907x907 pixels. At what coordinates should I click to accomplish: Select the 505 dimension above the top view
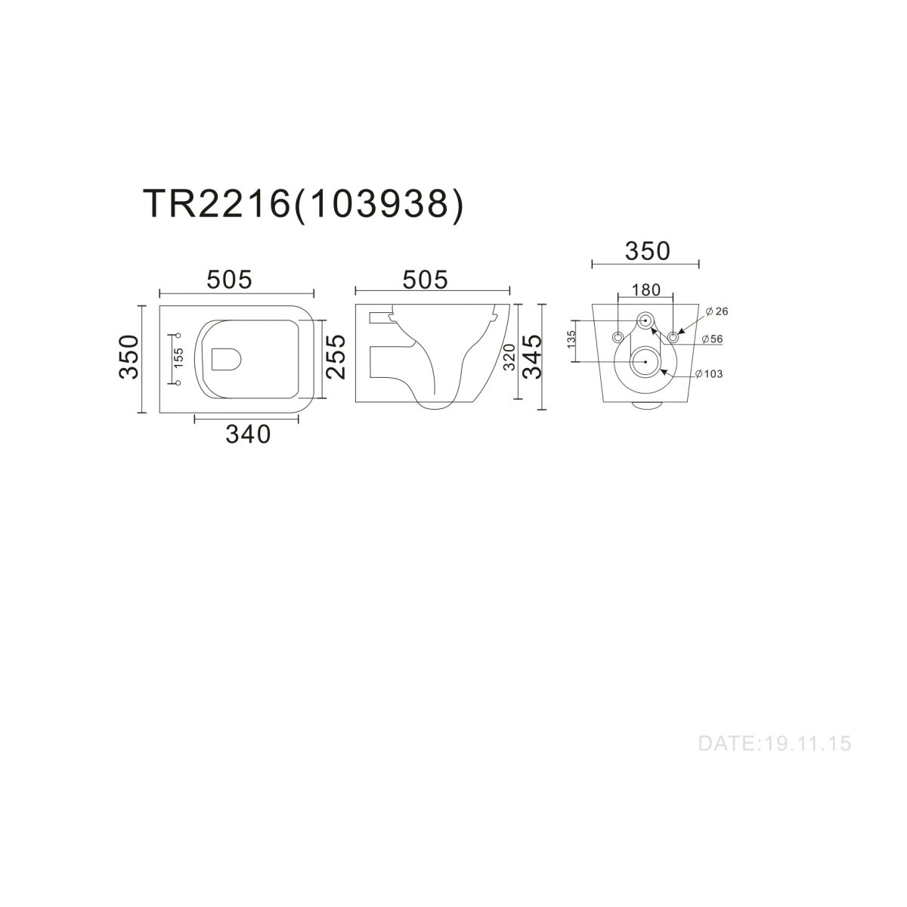230,280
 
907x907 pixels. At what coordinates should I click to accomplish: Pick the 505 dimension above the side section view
425,280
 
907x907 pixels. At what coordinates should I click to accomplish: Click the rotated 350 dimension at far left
129,357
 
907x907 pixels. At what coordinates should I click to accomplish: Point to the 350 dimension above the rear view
648,252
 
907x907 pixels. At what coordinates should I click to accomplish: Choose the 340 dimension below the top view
248,435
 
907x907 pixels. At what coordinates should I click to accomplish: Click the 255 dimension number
336,357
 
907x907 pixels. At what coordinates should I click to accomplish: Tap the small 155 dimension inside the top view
179,358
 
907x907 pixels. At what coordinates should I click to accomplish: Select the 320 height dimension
509,357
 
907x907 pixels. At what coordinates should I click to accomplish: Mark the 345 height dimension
532,357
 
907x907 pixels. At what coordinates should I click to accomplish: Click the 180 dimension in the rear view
646,290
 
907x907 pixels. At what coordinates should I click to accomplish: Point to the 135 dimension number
571,339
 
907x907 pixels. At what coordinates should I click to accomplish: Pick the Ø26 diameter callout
717,311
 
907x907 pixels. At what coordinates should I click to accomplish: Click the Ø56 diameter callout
712,339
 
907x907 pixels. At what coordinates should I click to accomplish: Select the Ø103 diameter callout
709,373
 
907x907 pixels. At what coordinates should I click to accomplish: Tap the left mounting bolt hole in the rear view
618,337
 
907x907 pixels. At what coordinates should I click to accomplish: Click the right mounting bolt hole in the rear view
673,337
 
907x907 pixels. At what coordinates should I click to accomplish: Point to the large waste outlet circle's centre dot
645,362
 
